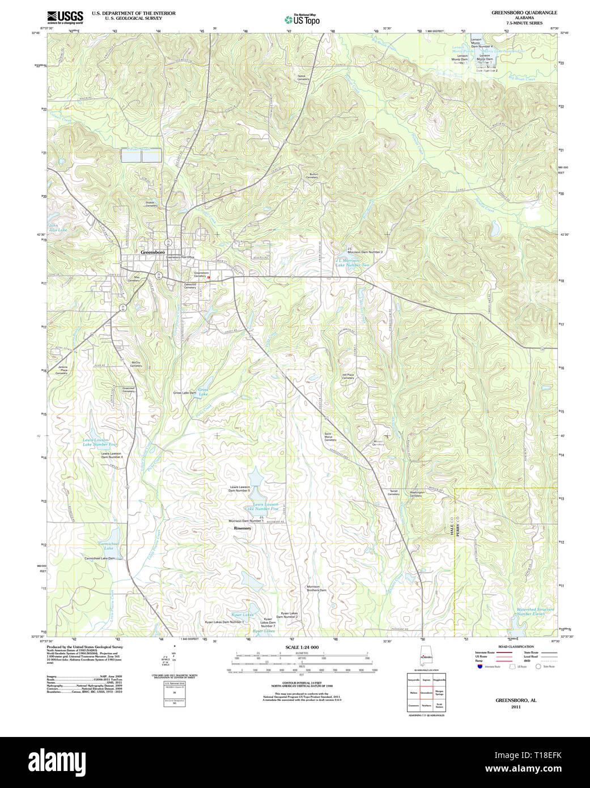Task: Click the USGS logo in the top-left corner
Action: click(x=65, y=17)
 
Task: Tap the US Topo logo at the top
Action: click(x=302, y=19)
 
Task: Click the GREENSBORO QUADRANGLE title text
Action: click(x=524, y=12)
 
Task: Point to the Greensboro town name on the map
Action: click(x=152, y=252)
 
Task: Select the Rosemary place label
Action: click(x=243, y=528)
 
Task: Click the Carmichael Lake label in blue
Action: click(x=108, y=546)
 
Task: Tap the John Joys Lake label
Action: click(x=58, y=228)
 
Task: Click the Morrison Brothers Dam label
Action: click(x=316, y=588)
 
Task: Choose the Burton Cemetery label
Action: click(x=312, y=176)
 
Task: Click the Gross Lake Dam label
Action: click(x=185, y=392)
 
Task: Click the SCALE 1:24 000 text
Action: click(x=302, y=647)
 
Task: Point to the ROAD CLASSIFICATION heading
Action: click(x=515, y=647)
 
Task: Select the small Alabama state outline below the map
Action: click(x=425, y=658)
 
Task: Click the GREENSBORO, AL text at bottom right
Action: click(x=515, y=700)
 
